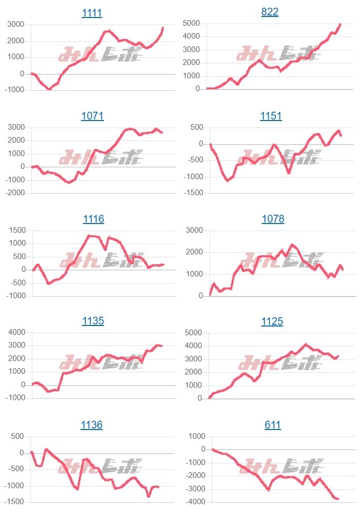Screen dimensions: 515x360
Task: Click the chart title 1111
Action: coord(93,13)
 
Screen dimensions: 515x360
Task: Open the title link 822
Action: coord(270,12)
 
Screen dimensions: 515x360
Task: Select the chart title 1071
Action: coord(93,116)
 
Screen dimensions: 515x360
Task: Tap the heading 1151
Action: coord(271,116)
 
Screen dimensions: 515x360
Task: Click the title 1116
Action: coord(94,219)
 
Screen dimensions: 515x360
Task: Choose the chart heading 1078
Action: coord(273,219)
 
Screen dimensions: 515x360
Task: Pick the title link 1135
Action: coord(93,321)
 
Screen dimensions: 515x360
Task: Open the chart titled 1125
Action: coord(272,321)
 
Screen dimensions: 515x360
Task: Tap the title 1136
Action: coord(92,425)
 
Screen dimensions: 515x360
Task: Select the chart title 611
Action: coord(273,425)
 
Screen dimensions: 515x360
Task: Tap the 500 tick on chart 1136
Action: coord(17,436)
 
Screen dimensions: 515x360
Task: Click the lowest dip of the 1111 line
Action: coord(49,89)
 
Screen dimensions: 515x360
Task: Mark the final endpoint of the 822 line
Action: coord(340,24)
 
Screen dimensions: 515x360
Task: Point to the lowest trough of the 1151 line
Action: coord(227,180)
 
